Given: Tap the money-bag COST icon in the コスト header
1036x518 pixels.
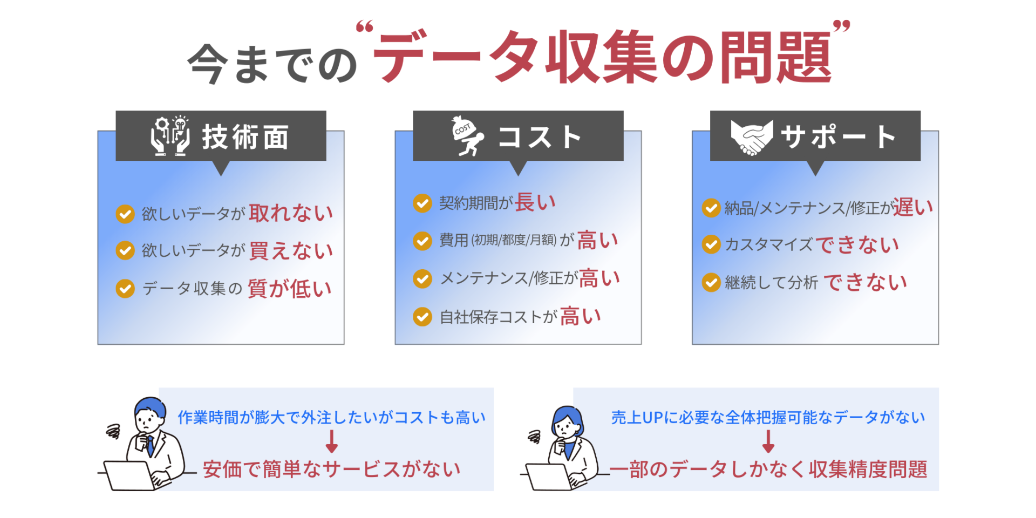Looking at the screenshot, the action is (467, 136).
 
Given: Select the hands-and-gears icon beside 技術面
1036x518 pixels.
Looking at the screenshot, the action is (170, 136).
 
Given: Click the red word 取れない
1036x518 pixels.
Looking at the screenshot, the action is (291, 213).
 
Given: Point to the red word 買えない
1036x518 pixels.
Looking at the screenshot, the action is (291, 251).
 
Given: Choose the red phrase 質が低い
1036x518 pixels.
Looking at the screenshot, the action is (290, 289).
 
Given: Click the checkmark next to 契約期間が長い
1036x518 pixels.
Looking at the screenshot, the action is (422, 203).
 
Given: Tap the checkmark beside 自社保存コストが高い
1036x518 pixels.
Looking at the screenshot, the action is (422, 317).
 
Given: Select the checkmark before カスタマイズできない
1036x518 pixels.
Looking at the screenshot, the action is (711, 244).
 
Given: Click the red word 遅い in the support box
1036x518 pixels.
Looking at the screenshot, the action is (912, 207).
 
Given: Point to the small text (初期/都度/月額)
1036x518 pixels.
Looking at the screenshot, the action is (514, 240).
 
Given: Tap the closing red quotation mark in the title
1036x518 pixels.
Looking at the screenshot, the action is (842, 26).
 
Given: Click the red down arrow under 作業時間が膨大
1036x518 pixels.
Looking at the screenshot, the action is (332, 441).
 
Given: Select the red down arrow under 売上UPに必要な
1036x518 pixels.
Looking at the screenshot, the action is (768, 441).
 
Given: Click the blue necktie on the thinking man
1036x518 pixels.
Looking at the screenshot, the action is (150, 446).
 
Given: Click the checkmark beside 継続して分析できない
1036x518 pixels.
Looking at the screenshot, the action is (711, 282).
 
